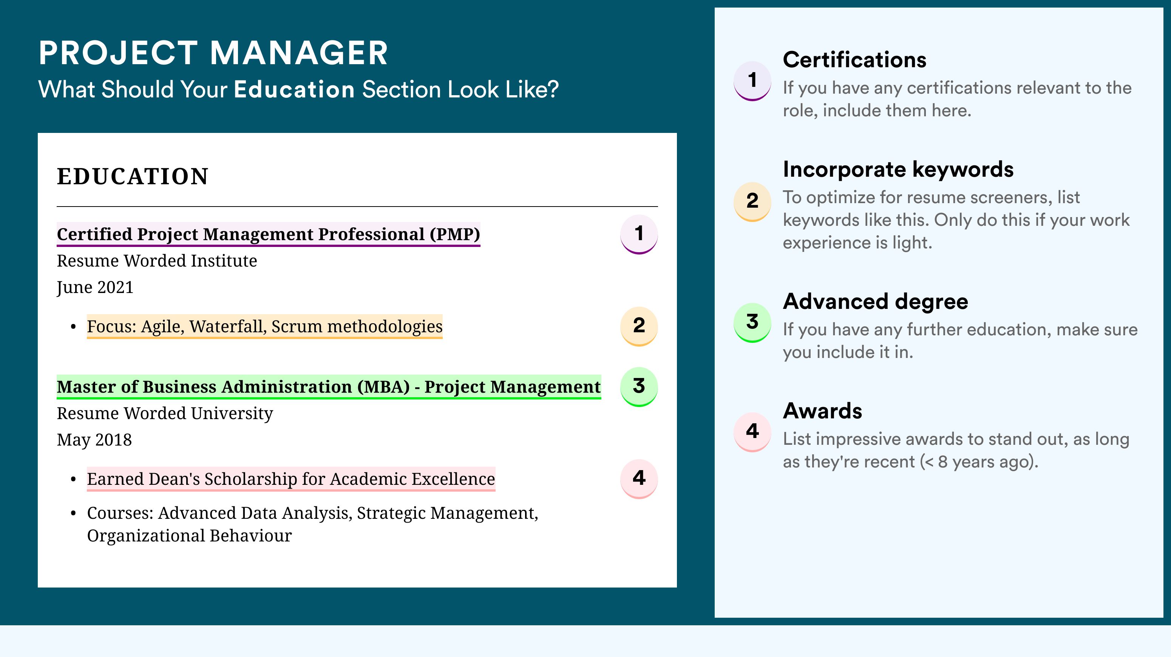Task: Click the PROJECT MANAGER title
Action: point(213,53)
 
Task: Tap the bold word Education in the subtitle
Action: point(294,89)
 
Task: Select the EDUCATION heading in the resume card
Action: point(133,176)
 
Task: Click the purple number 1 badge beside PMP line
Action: point(639,234)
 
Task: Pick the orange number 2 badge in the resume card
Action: point(639,326)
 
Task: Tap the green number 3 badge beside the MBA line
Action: point(639,387)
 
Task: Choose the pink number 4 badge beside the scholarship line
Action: point(639,479)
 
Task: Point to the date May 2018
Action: point(94,440)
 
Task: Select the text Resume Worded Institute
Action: point(157,261)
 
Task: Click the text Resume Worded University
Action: point(165,413)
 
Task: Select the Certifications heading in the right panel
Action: point(854,60)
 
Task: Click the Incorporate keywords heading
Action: point(898,170)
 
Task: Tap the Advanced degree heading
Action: point(876,302)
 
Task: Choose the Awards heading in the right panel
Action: point(822,411)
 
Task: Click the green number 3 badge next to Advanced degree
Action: point(752,322)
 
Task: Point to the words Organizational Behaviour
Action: point(189,536)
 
